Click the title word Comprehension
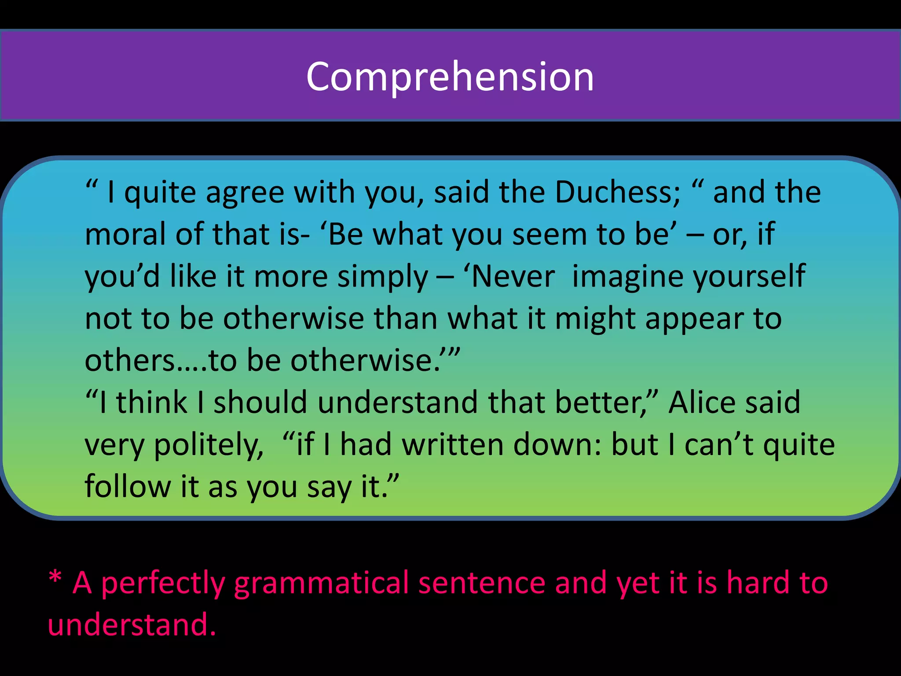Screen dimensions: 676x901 (x=450, y=77)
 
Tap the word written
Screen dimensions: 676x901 (x=453, y=445)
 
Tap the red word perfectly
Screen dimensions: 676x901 (x=162, y=584)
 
